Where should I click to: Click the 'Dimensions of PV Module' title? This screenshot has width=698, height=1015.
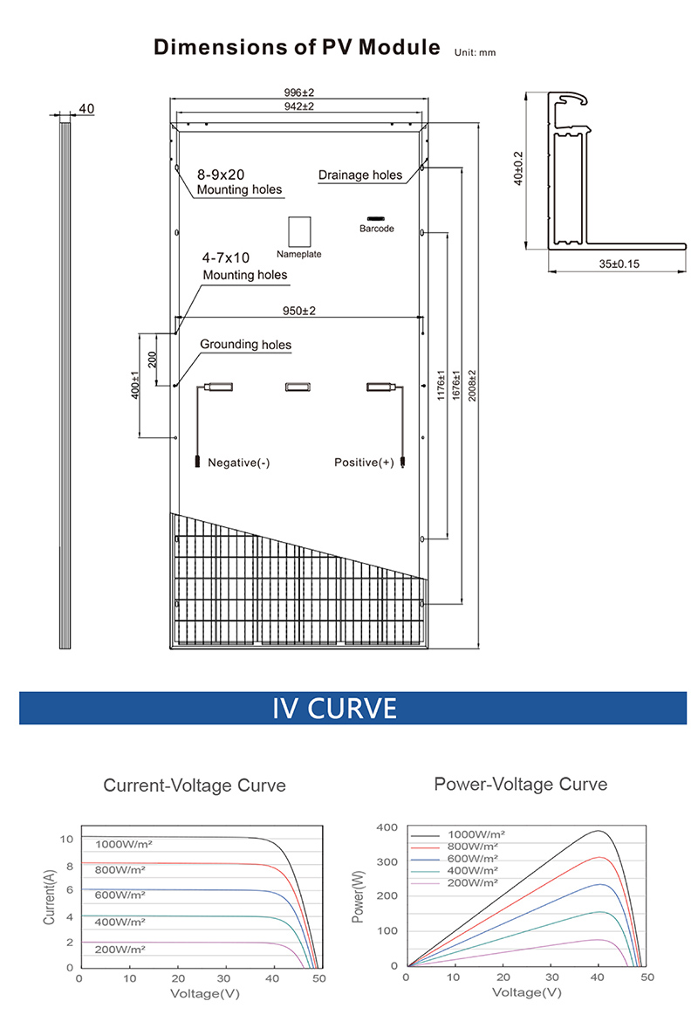point(297,47)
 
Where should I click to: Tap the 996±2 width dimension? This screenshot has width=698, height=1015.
point(298,93)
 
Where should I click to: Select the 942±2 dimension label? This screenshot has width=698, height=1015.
point(298,106)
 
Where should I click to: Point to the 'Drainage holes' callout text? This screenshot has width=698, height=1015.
point(360,175)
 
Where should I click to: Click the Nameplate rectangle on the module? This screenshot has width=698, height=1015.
point(299,231)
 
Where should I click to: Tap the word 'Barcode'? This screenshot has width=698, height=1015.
point(377,229)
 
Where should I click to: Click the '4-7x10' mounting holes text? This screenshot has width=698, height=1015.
point(226,258)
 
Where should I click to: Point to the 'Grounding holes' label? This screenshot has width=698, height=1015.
point(246,345)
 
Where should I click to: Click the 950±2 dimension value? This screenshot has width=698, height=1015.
point(298,311)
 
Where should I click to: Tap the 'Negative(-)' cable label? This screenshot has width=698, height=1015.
point(238,463)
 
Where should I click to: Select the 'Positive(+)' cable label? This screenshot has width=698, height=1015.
point(364,463)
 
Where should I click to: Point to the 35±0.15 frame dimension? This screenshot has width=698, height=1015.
point(619,264)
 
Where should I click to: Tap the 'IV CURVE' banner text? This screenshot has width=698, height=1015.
point(335,708)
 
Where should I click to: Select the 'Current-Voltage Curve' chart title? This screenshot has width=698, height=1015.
point(195,785)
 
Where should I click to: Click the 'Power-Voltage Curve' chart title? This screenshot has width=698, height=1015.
point(520,785)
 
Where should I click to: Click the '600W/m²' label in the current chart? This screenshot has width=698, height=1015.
point(121,895)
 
